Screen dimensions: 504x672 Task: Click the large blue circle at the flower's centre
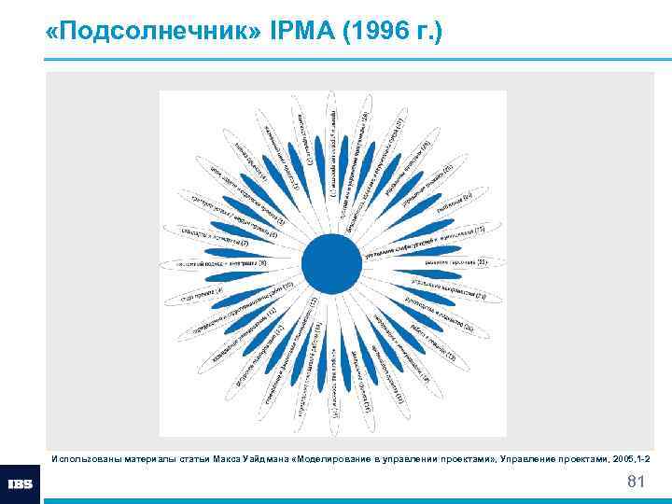(331, 263)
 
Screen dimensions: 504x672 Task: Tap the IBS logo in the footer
(21, 484)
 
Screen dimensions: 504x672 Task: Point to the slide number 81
(637, 482)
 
